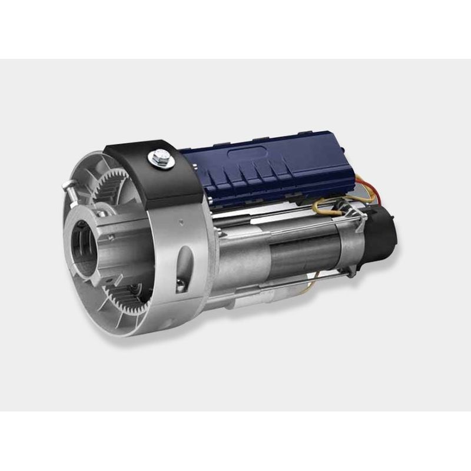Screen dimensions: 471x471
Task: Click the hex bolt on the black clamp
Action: point(158,157)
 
